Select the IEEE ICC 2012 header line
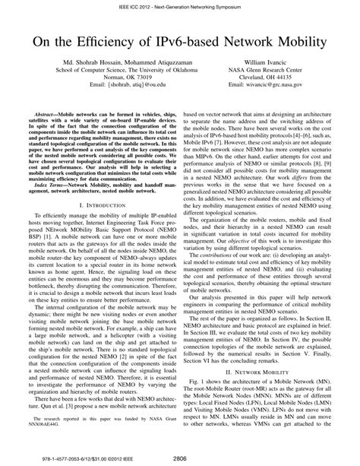point(179,5)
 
